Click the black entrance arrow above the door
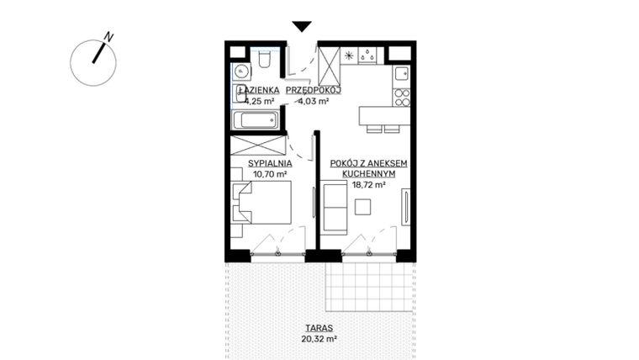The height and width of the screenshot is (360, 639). click(x=302, y=27)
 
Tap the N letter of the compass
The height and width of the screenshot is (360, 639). click(x=108, y=37)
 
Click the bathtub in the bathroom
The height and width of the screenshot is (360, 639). click(x=255, y=119)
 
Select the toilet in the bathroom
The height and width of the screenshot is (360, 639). click(x=264, y=57)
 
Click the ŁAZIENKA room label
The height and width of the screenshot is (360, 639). click(x=255, y=89)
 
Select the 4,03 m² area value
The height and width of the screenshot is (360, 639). click(x=312, y=101)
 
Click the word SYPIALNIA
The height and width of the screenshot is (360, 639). click(x=269, y=163)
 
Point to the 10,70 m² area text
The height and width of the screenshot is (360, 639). click(x=269, y=174)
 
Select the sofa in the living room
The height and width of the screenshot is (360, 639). click(x=335, y=208)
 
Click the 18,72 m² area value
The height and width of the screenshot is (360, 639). click(x=369, y=185)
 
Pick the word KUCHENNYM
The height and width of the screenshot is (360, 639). click(x=369, y=174)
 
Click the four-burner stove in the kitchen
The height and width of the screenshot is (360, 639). click(x=402, y=96)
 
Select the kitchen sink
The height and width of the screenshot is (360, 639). click(x=367, y=56)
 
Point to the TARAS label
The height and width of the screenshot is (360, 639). click(x=319, y=328)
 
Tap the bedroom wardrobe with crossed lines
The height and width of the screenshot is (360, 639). click(x=259, y=144)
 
